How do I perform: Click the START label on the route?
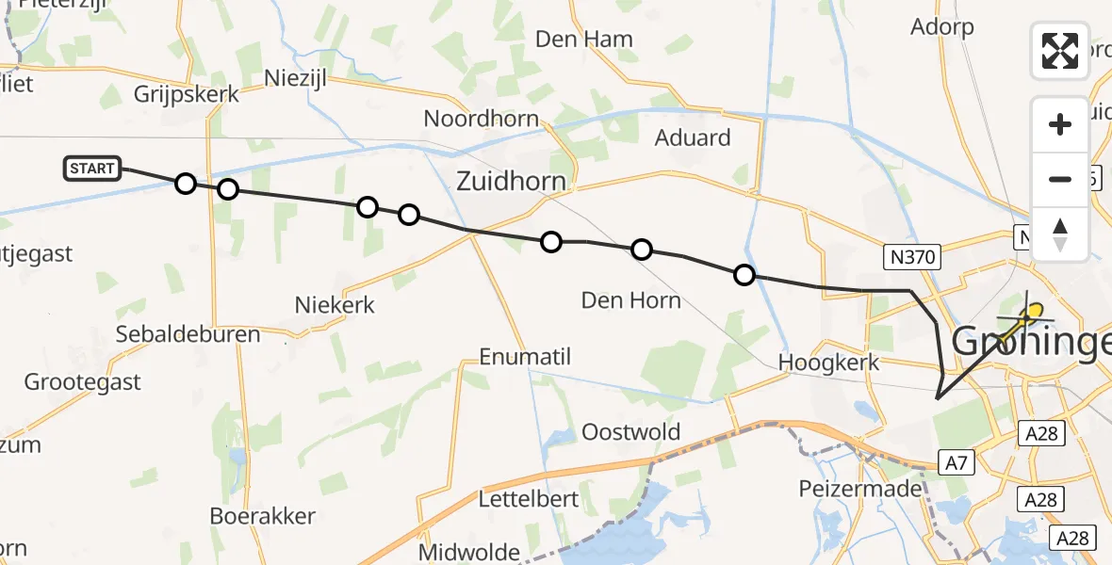(92, 169)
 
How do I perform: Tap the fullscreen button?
(1060, 51)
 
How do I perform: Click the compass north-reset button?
(1060, 234)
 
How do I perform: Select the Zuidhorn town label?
(512, 182)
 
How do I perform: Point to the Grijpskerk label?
(187, 95)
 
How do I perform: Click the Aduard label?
(693, 137)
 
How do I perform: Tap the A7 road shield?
(953, 461)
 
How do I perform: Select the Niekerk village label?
(335, 304)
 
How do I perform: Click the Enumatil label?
(525, 357)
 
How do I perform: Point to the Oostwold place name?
(630, 432)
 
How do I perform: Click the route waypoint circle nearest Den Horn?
(641, 250)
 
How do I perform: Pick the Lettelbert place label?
(529, 498)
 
